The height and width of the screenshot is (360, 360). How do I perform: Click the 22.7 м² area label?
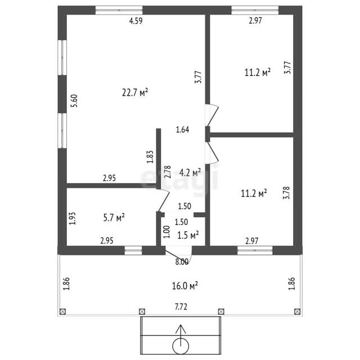(135, 92)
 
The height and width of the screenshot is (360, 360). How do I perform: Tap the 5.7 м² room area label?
(114, 218)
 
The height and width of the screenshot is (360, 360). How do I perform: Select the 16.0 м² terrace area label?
(185, 286)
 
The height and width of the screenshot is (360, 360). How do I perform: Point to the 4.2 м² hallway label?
(190, 173)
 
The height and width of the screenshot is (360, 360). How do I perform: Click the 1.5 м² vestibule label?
(188, 235)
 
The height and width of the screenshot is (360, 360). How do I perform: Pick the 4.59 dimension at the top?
(136, 21)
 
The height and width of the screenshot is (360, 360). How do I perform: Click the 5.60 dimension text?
(74, 101)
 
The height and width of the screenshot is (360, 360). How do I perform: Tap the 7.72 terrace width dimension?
(181, 307)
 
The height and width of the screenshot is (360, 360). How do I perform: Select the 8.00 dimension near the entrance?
(182, 262)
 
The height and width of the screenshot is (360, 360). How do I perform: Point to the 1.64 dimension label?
(182, 130)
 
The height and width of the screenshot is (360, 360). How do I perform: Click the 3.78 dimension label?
(287, 192)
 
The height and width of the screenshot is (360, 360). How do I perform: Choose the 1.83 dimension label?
(150, 157)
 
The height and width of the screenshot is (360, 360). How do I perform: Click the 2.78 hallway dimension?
(168, 172)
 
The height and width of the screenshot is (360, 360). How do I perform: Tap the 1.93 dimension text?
(73, 218)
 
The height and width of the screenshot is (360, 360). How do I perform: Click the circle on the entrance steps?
(181, 346)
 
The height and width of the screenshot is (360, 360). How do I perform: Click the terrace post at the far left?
(62, 312)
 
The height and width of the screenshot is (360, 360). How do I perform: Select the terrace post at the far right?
(298, 312)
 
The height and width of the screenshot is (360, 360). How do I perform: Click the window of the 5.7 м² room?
(133, 250)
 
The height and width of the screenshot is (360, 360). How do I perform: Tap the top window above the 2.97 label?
(255, 10)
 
